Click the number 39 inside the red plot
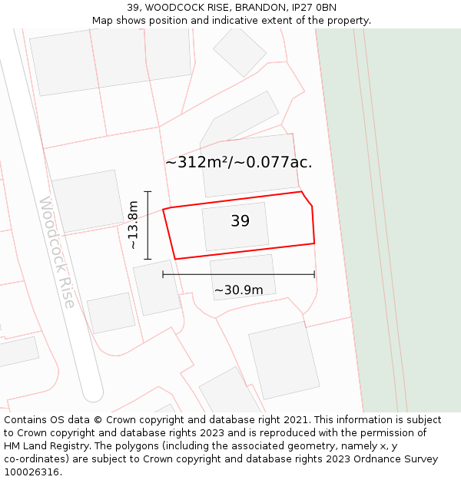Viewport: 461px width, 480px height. click(240, 221)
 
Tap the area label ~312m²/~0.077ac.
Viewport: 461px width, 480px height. click(239, 162)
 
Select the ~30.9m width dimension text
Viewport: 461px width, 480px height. click(238, 290)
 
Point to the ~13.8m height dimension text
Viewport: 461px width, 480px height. click(133, 225)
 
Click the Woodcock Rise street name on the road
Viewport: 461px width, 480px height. click(58, 252)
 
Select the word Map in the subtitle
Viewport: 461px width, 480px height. click(102, 21)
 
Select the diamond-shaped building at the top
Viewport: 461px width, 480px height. click(240, 51)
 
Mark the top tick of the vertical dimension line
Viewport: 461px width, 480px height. click(148, 192)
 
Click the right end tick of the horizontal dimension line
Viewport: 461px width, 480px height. click(314, 274)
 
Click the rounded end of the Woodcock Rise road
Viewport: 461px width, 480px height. click(93, 393)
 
